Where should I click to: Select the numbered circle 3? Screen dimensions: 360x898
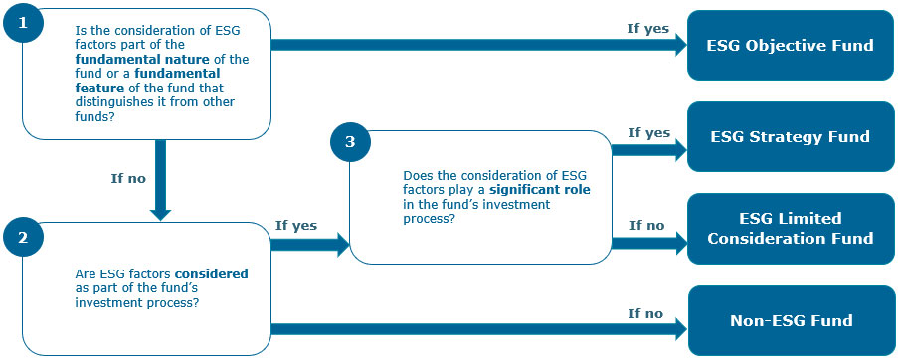coord(349,143)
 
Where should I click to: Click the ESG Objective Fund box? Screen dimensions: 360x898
coord(790,45)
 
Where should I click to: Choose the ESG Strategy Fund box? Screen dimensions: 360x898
coord(790,137)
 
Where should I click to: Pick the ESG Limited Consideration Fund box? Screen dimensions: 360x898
coord(790,228)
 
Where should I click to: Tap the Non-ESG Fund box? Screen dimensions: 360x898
coord(790,320)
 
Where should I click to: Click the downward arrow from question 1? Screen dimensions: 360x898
coord(161,179)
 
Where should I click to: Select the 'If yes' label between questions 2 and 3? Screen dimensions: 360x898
coord(295,225)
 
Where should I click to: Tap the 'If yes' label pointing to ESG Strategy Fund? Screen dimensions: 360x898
coord(648,132)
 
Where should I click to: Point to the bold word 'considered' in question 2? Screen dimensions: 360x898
coord(211,272)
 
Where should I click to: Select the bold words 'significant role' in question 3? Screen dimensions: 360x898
coord(534,188)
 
